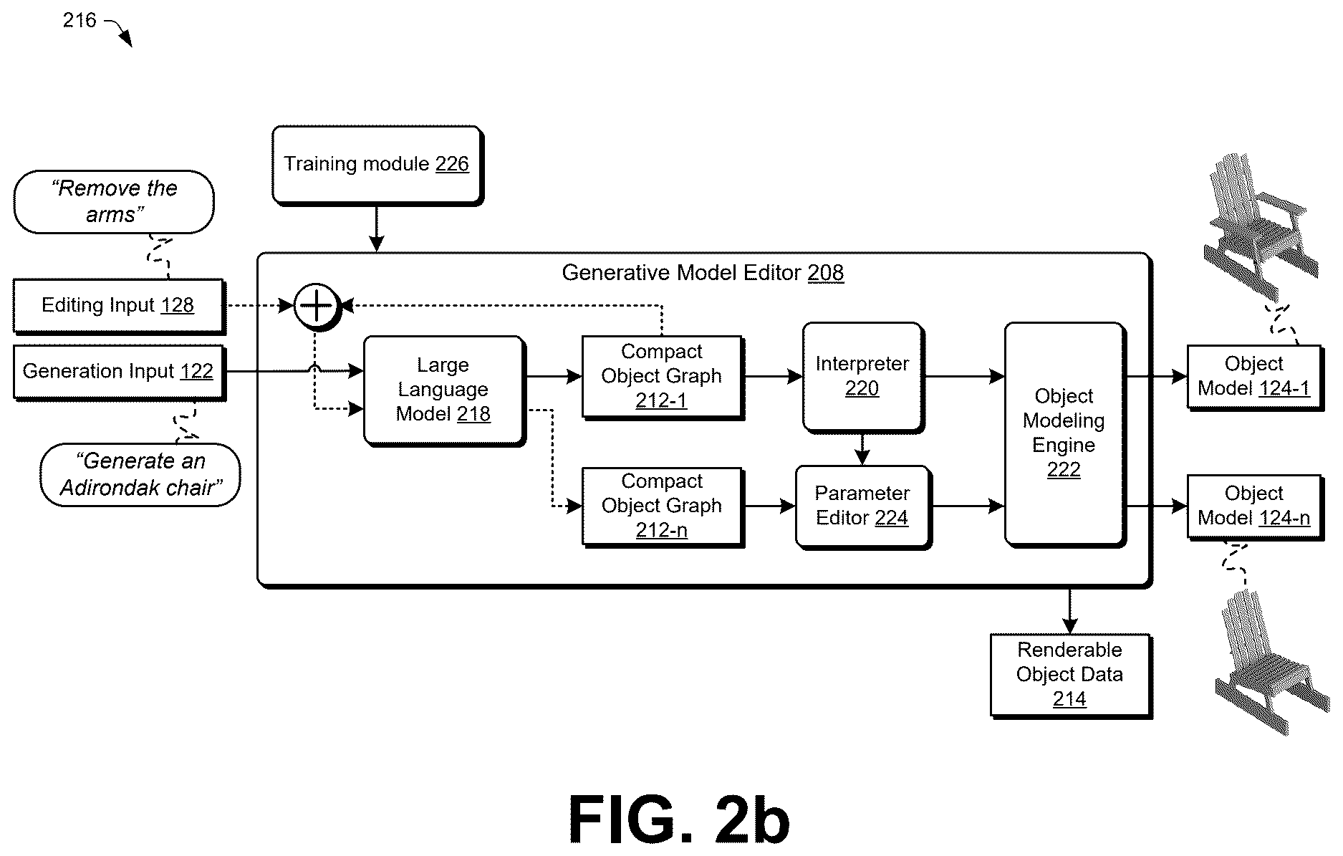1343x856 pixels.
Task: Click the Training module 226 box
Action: (x=377, y=165)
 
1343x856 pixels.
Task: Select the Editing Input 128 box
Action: (x=119, y=307)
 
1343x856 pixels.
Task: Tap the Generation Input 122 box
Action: (x=119, y=372)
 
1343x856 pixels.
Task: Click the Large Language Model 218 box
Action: (x=445, y=391)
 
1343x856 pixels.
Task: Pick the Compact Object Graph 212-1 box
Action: (x=663, y=377)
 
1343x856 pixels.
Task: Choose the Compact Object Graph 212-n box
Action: (x=663, y=507)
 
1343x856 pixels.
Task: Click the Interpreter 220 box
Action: (x=863, y=377)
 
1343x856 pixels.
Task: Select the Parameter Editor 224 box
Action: (x=863, y=507)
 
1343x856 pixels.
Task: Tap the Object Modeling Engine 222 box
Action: (x=1064, y=434)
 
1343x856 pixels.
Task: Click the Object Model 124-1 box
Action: (x=1255, y=377)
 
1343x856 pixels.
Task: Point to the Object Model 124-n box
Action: (x=1255, y=507)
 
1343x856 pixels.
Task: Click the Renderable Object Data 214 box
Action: (x=1071, y=675)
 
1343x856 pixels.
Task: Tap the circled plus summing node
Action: (x=316, y=307)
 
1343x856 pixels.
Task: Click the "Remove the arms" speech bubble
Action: (x=114, y=202)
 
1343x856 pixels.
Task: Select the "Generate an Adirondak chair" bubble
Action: (x=140, y=475)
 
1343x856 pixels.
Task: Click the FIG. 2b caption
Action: (x=679, y=821)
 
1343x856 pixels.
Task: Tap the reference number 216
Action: (x=80, y=20)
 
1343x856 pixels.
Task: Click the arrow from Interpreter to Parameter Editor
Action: (x=863, y=450)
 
